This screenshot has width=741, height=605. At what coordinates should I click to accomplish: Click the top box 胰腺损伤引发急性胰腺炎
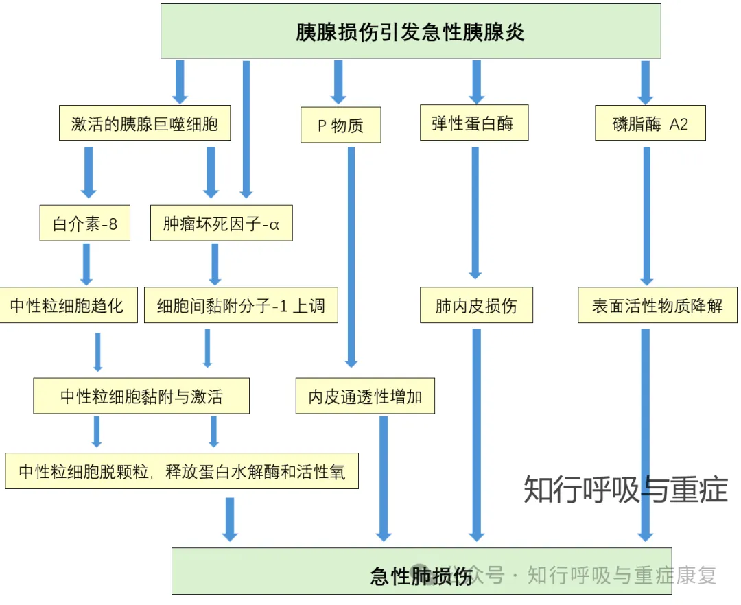(411, 31)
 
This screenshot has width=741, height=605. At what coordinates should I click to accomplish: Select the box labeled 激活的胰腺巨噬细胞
(145, 123)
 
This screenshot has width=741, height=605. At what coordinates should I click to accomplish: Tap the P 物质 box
(341, 125)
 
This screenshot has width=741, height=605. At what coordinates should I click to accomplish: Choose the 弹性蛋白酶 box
(474, 123)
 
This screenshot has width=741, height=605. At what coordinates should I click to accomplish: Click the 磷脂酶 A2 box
(650, 123)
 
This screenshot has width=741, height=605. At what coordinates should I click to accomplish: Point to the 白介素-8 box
(85, 223)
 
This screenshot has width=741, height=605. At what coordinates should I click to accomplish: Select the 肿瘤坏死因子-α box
(221, 223)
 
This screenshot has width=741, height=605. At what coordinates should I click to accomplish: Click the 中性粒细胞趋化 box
(68, 305)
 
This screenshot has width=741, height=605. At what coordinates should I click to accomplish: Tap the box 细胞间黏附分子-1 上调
(241, 305)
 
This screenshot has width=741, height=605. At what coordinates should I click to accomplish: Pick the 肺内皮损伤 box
(476, 305)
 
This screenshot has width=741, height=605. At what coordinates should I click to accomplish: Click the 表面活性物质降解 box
(657, 305)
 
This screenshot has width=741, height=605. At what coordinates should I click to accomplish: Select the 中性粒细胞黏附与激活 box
(141, 396)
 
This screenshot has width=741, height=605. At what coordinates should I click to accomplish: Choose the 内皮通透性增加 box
(365, 396)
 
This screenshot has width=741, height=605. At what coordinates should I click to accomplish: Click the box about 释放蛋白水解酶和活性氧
(182, 471)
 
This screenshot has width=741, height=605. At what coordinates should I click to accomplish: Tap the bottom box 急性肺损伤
(421, 571)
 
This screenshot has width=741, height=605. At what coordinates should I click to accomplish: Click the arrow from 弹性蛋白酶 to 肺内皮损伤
(475, 213)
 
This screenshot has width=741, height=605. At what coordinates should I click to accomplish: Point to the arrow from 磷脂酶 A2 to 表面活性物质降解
(647, 216)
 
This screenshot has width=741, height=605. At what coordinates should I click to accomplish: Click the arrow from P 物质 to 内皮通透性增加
(351, 257)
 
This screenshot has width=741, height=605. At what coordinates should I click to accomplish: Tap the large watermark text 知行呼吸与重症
(626, 490)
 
